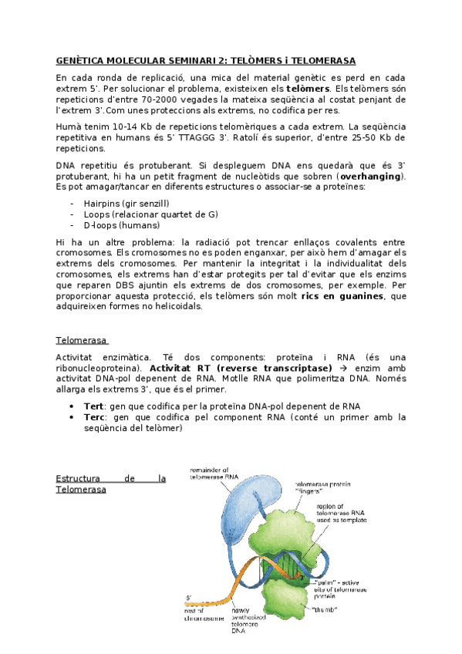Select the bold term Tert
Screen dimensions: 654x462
tap(96, 406)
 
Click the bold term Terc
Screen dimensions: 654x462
tap(96, 417)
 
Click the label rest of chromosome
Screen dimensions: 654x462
tap(204, 615)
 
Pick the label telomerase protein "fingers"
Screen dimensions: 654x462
tap(322, 488)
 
